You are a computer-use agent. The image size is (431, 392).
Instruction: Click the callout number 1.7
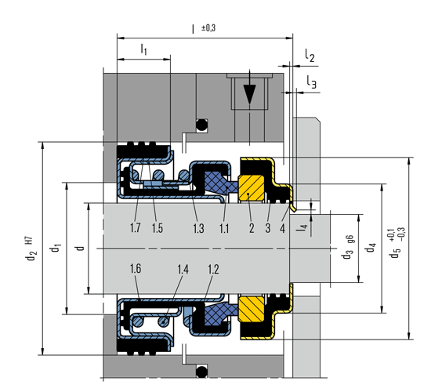coord(136,228)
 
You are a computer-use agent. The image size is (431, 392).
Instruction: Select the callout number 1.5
coord(158,228)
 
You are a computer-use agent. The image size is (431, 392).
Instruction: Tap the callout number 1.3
coord(198,228)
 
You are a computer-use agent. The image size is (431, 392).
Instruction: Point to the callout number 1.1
coord(224,228)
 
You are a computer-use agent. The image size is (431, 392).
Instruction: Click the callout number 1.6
coord(136,268)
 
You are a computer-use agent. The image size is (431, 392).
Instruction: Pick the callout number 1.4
coord(183,270)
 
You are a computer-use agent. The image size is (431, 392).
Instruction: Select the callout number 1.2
coord(213,270)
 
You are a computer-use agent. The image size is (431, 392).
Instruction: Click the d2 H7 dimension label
coord(31,249)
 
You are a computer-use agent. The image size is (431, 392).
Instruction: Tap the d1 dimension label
coord(56,248)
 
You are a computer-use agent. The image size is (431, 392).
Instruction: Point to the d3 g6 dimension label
coord(349,247)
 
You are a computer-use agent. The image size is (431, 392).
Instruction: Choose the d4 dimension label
coord(370,247)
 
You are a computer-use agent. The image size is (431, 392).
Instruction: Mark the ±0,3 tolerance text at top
coord(208,28)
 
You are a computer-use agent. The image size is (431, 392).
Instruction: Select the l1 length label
coord(144,49)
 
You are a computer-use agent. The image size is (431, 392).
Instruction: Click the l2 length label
coord(310,56)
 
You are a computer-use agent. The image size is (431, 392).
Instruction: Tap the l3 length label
coord(312,82)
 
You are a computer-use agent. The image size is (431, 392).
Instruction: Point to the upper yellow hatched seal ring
coord(252,187)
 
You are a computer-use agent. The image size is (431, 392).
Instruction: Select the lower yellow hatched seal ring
coord(252,309)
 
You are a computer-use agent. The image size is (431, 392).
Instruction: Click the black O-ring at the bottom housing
coord(201,372)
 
